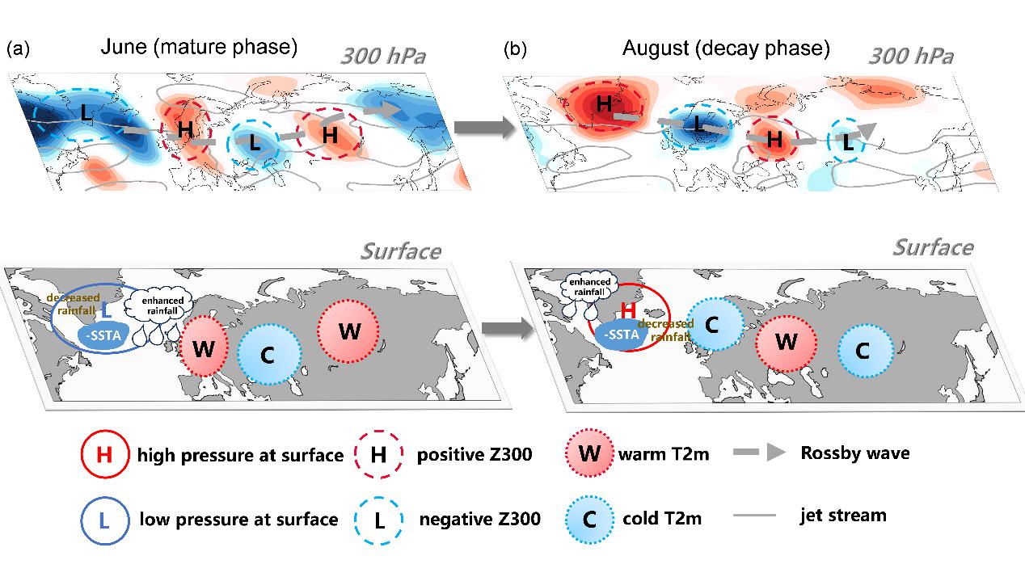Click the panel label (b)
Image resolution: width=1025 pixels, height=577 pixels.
pyautogui.click(x=515, y=49)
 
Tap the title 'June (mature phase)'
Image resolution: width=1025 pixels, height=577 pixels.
pyautogui.click(x=199, y=48)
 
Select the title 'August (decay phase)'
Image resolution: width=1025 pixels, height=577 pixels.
pyautogui.click(x=726, y=48)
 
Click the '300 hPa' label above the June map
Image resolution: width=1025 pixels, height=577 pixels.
pyautogui.click(x=382, y=57)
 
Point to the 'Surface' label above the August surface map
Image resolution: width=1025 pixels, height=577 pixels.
pyautogui.click(x=933, y=246)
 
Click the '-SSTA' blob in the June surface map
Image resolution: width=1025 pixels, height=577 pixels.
pyautogui.click(x=102, y=335)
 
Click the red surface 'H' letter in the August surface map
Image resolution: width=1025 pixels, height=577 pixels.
pyautogui.click(x=626, y=310)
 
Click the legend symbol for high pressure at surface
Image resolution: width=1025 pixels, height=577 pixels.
pyautogui.click(x=104, y=455)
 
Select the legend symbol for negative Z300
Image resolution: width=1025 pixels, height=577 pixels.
pyautogui.click(x=378, y=518)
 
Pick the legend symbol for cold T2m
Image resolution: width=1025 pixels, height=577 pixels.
pyautogui.click(x=589, y=518)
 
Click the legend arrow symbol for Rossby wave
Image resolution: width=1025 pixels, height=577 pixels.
pyautogui.click(x=759, y=453)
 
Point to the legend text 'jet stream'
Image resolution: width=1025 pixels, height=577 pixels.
pyautogui.click(x=843, y=515)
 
